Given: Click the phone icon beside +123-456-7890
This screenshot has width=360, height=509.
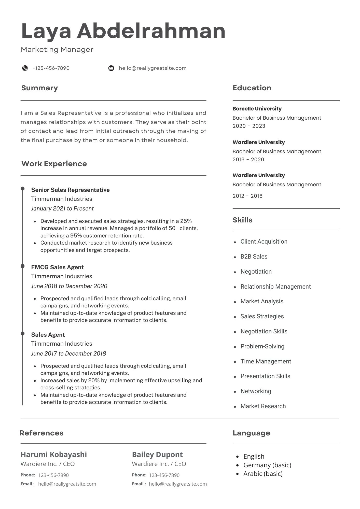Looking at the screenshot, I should [x=25, y=68].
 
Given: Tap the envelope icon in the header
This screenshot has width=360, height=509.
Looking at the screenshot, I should [x=111, y=68].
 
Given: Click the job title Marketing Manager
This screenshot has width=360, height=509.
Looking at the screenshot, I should [x=57, y=49].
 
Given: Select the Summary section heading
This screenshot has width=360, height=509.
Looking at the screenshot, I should [x=39, y=88].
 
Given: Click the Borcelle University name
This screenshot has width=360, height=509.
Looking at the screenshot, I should [x=257, y=109].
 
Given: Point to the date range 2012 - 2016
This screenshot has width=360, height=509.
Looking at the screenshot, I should [x=247, y=196].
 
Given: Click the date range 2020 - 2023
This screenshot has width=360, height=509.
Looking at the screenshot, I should [x=249, y=126].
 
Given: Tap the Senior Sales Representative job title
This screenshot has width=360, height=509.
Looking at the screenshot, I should [x=70, y=190].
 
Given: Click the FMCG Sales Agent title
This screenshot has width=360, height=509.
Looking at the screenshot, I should [x=57, y=267].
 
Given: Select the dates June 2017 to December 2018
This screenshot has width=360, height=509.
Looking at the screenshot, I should [x=68, y=354].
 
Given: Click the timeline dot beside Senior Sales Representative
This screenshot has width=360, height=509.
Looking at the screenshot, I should [x=23, y=189].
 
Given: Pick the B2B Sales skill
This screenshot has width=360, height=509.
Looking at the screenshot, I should [x=254, y=257].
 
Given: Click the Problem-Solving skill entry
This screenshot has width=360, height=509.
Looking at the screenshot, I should [x=262, y=346].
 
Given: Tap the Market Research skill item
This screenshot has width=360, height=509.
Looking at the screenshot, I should [x=263, y=406].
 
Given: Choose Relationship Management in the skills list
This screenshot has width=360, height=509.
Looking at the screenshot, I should [x=275, y=287].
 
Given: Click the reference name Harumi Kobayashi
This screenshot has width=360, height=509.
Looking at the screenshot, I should [x=54, y=455].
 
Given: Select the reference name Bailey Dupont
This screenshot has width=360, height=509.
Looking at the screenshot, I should [x=157, y=455].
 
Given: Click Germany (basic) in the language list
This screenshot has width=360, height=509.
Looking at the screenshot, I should [x=267, y=465].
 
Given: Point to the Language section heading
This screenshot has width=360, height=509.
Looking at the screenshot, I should [x=251, y=433].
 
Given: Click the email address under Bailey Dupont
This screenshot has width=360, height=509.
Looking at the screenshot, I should [x=178, y=484].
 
